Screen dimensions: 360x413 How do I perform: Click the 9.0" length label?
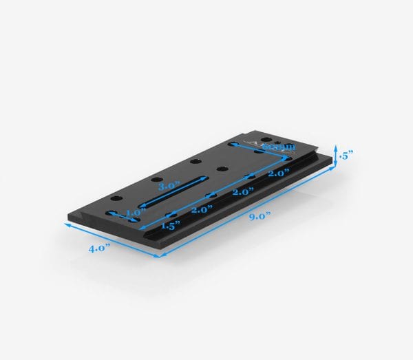259,215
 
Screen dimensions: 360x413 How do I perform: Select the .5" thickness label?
346,156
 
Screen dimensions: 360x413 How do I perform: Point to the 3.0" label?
169,187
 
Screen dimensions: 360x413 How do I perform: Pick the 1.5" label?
170,225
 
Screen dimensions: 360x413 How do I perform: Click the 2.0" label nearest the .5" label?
279,174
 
